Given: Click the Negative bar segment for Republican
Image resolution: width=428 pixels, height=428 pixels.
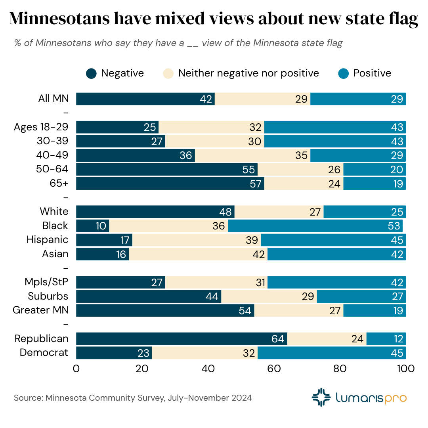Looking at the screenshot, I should (x=182, y=339).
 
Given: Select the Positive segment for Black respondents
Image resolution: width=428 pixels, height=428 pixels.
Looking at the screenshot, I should (x=315, y=226).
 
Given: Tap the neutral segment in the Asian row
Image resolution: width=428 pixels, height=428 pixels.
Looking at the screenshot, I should (x=198, y=254).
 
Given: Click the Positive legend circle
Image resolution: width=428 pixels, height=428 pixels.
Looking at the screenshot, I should (x=344, y=73).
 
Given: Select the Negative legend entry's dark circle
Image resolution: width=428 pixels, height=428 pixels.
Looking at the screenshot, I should (x=92, y=73).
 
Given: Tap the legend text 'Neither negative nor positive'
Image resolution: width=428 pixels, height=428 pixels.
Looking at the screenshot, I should (x=248, y=73).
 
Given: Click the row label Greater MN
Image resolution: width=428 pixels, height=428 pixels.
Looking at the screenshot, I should (x=41, y=310).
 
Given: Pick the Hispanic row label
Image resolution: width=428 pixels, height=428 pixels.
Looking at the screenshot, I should (x=48, y=240).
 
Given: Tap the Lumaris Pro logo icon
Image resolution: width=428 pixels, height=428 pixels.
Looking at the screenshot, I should (x=321, y=397).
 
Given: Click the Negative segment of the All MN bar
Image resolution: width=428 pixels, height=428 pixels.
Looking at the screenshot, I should (x=145, y=99).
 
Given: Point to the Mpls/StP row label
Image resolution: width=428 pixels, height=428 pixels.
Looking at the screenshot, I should (x=46, y=282).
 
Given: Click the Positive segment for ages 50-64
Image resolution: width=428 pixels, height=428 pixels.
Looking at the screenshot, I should (x=374, y=170).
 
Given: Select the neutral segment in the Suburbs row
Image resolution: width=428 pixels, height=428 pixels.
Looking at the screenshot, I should (x=269, y=296).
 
